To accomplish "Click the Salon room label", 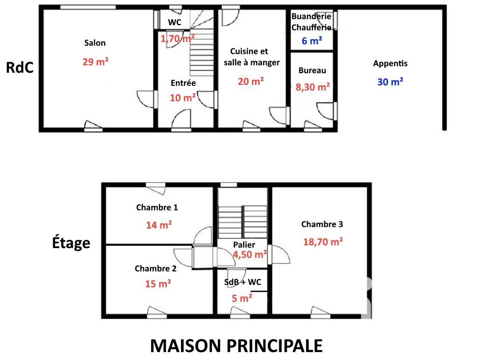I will [95, 43].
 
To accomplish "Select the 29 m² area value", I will [95, 62].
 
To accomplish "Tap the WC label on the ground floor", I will [174, 22].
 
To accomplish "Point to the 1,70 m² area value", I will [178, 39].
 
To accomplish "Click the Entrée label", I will [183, 83].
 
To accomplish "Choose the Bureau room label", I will [312, 70].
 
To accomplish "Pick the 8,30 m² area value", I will [312, 86].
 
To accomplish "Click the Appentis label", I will [390, 63].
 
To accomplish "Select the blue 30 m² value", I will [390, 82].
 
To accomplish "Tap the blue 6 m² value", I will [312, 41].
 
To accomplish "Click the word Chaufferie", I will [312, 28].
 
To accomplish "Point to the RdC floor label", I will [20, 68].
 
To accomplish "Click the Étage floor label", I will [71, 243].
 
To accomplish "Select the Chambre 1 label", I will [157, 208].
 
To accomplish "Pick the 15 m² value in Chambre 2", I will [158, 283].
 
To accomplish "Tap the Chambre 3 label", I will [322, 224].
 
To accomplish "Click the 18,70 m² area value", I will [323, 242].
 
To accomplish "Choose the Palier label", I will [244, 245].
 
